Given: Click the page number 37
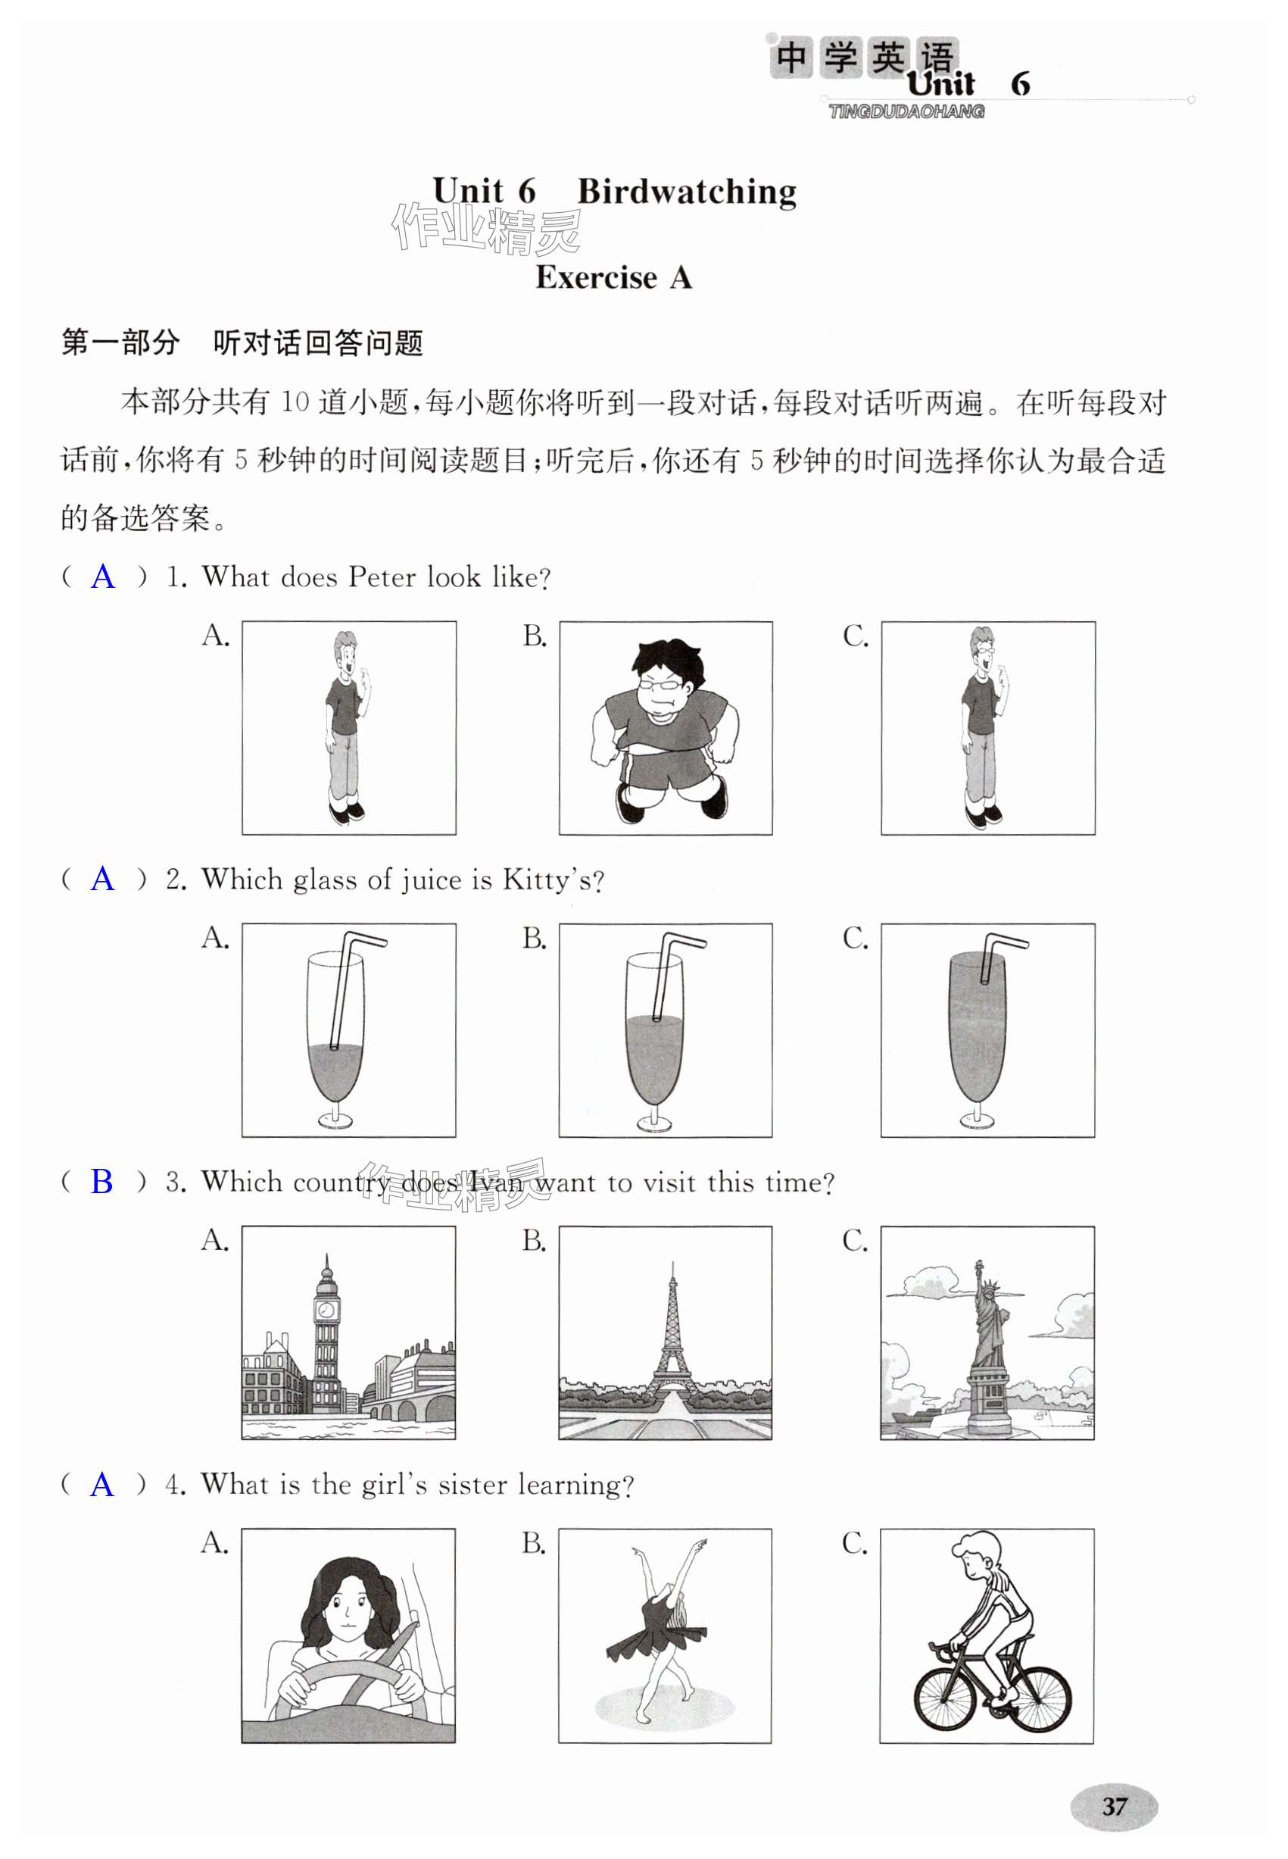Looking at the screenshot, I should click(x=1114, y=1806).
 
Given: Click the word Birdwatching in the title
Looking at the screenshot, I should click(x=687, y=192).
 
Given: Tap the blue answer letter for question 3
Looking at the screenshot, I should click(x=102, y=1182).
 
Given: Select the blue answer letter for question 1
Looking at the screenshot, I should click(x=103, y=577).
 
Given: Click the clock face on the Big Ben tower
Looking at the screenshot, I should click(x=326, y=1308).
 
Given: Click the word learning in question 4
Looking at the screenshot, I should click(x=575, y=1484).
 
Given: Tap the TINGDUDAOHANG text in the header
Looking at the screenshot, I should click(x=906, y=111).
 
